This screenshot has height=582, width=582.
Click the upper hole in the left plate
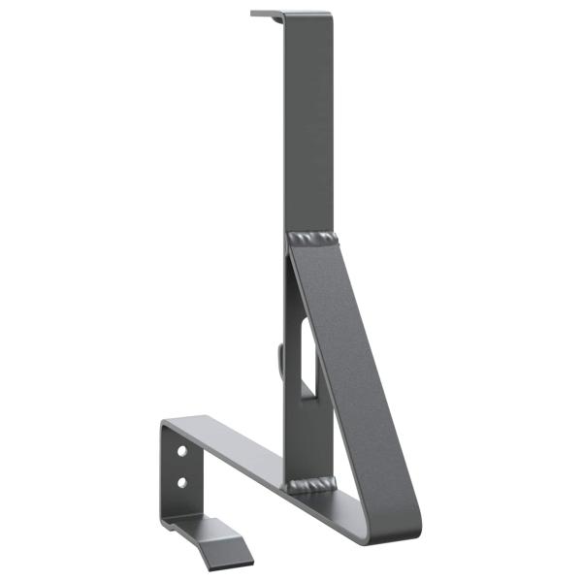(x=181, y=453)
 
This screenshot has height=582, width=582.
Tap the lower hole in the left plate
(x=181, y=481)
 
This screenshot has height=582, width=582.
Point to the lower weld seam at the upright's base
(x=310, y=484)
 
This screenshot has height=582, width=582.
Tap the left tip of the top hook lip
(x=254, y=14)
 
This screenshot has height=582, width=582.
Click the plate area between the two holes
(x=180, y=468)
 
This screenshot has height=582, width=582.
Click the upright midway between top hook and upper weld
(x=307, y=126)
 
